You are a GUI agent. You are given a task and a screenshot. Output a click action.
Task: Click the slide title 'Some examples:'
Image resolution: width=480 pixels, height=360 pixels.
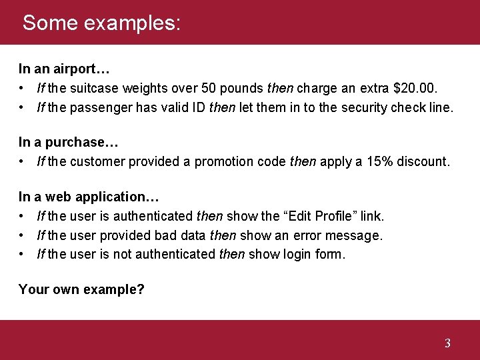(101, 23)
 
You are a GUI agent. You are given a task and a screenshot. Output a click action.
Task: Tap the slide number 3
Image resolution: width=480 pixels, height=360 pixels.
(447, 343)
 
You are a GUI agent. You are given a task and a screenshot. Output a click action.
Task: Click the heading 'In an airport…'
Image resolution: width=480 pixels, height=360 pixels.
(64, 69)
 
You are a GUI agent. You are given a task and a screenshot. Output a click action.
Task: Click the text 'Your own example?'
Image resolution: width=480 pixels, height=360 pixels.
(81, 289)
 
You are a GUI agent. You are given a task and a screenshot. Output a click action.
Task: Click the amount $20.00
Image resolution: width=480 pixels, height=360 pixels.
(418, 88)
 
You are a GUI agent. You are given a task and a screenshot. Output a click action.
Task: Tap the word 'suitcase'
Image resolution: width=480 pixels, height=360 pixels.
(91, 88)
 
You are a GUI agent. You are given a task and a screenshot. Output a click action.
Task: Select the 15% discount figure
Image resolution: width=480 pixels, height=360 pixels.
(380, 161)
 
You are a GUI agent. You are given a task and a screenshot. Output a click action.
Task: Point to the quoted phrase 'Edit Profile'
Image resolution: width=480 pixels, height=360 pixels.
(318, 216)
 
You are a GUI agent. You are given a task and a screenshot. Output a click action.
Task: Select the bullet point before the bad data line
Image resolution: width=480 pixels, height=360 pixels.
(23, 235)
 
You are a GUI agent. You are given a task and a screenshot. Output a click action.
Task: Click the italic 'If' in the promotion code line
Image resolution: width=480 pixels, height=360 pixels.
(41, 161)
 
